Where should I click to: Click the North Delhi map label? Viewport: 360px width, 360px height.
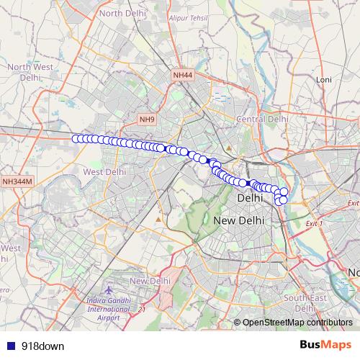pyautogui.click(x=121, y=13)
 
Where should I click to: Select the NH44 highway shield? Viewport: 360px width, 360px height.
pyautogui.click(x=183, y=75)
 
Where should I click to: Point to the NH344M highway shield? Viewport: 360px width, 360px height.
pyautogui.click(x=17, y=182)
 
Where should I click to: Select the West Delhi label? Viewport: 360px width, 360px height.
pyautogui.click(x=104, y=172)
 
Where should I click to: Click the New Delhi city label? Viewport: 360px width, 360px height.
pyautogui.click(x=238, y=219)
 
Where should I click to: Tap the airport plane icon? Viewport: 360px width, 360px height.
pyautogui.click(x=109, y=289)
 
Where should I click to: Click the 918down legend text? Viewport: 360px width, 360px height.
pyautogui.click(x=42, y=346)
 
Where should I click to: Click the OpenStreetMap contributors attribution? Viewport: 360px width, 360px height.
pyautogui.click(x=297, y=323)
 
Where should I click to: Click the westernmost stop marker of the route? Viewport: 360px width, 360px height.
pyautogui.click(x=75, y=139)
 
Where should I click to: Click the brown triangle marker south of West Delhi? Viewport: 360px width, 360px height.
pyautogui.click(x=158, y=218)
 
